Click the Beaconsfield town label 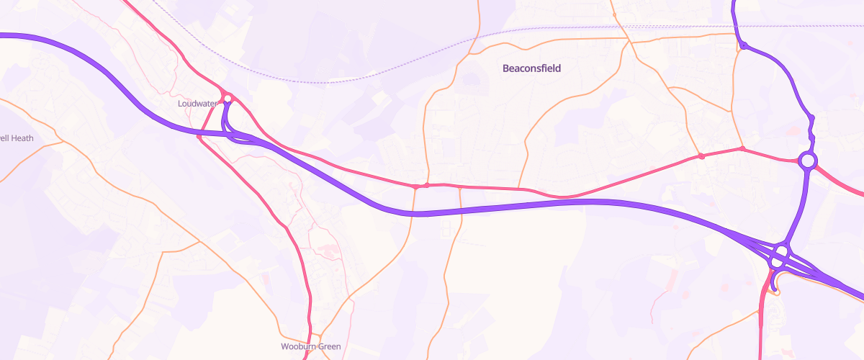(x=531, y=68)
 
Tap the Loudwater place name (x=198, y=104)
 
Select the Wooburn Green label (x=310, y=346)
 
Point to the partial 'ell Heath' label (x=17, y=138)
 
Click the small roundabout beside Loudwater (x=227, y=97)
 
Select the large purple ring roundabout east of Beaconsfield (x=808, y=161)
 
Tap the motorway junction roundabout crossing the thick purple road (x=780, y=258)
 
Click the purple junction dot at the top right (x=743, y=47)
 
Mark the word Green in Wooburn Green (x=328, y=346)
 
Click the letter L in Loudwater (x=180, y=104)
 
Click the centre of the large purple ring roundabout (x=808, y=161)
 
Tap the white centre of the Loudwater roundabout (x=227, y=97)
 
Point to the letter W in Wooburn (x=284, y=346)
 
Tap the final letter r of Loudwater (x=216, y=104)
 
